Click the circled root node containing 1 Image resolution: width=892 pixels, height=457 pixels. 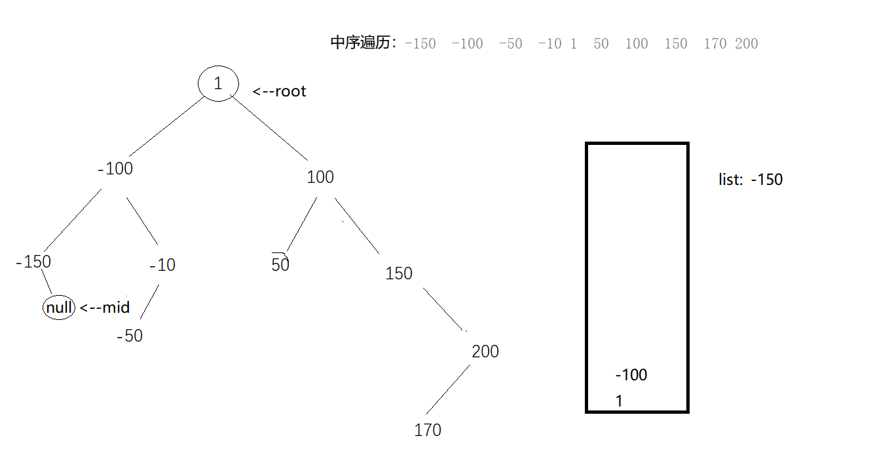click(218, 83)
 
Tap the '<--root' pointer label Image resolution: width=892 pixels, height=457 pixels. click(280, 91)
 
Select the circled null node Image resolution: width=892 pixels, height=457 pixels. click(59, 307)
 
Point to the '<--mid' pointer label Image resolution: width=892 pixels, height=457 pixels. click(105, 307)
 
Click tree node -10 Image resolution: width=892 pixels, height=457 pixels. click(162, 266)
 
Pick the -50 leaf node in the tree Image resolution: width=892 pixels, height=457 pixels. click(130, 336)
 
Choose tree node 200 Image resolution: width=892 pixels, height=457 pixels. click(485, 351)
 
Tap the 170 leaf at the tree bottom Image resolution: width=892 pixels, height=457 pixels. click(428, 430)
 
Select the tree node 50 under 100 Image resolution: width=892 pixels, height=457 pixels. click(280, 265)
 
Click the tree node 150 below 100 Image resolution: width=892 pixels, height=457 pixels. click(399, 273)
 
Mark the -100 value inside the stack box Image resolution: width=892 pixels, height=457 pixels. click(631, 375)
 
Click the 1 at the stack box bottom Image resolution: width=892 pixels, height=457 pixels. click(619, 401)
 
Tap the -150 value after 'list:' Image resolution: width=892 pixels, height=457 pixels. click(767, 180)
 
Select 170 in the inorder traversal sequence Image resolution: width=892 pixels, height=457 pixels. click(715, 44)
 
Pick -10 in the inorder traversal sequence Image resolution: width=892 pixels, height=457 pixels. click(550, 44)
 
